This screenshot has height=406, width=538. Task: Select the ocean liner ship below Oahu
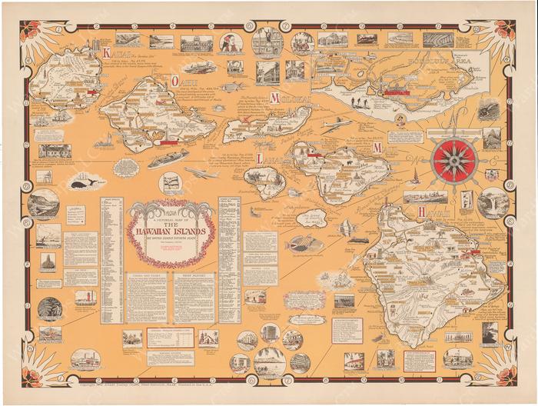[x=168, y=158]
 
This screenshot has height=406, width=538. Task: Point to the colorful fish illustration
[x=304, y=245]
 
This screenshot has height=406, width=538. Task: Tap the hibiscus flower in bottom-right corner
[x=507, y=377]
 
